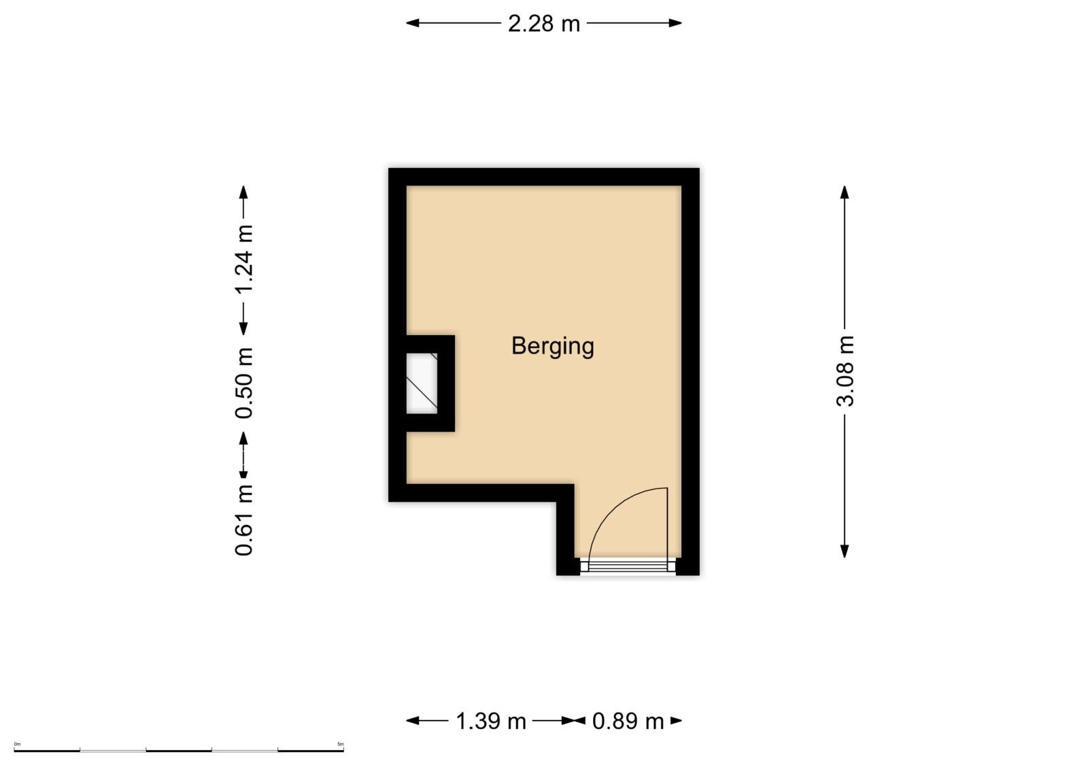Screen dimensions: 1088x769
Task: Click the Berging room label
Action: [552, 347]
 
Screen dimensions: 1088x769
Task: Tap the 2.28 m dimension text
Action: [544, 24]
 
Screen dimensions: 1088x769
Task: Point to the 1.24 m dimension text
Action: [244, 259]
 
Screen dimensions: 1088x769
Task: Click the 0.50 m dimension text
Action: [244, 383]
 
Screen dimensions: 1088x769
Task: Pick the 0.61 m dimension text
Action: [244, 520]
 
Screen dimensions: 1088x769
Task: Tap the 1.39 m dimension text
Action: [490, 721]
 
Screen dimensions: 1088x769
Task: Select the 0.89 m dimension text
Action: [628, 721]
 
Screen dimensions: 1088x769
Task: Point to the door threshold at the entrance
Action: [628, 566]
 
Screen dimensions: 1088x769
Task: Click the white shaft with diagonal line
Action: [422, 383]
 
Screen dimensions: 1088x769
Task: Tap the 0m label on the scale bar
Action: [17, 744]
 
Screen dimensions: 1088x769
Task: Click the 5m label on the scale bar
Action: [341, 744]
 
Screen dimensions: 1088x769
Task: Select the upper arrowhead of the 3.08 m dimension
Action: [845, 192]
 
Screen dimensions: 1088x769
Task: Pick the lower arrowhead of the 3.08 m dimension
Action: [845, 551]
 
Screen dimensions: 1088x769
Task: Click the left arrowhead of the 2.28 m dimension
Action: [413, 23]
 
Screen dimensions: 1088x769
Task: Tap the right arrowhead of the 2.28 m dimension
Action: [675, 23]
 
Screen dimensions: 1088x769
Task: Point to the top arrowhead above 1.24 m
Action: [244, 192]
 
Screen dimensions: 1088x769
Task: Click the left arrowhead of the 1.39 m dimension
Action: [413, 721]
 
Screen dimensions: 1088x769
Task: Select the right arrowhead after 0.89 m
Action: [676, 721]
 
